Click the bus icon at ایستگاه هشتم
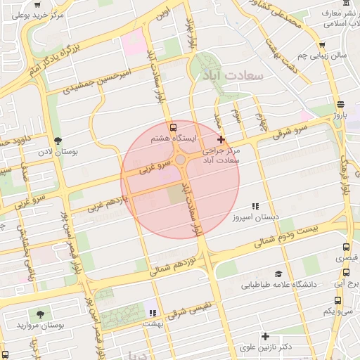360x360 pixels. (174, 127)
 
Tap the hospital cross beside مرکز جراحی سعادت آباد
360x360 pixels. (221, 140)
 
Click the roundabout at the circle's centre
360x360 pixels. (181, 160)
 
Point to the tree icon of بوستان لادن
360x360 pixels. (58, 140)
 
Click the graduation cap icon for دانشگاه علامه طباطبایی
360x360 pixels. (278, 274)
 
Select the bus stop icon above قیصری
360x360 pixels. (346, 247)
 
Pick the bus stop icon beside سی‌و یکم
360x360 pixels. (338, 300)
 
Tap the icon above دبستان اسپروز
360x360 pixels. (255, 207)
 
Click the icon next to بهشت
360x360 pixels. (151, 312)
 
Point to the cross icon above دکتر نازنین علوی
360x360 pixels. (265, 336)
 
